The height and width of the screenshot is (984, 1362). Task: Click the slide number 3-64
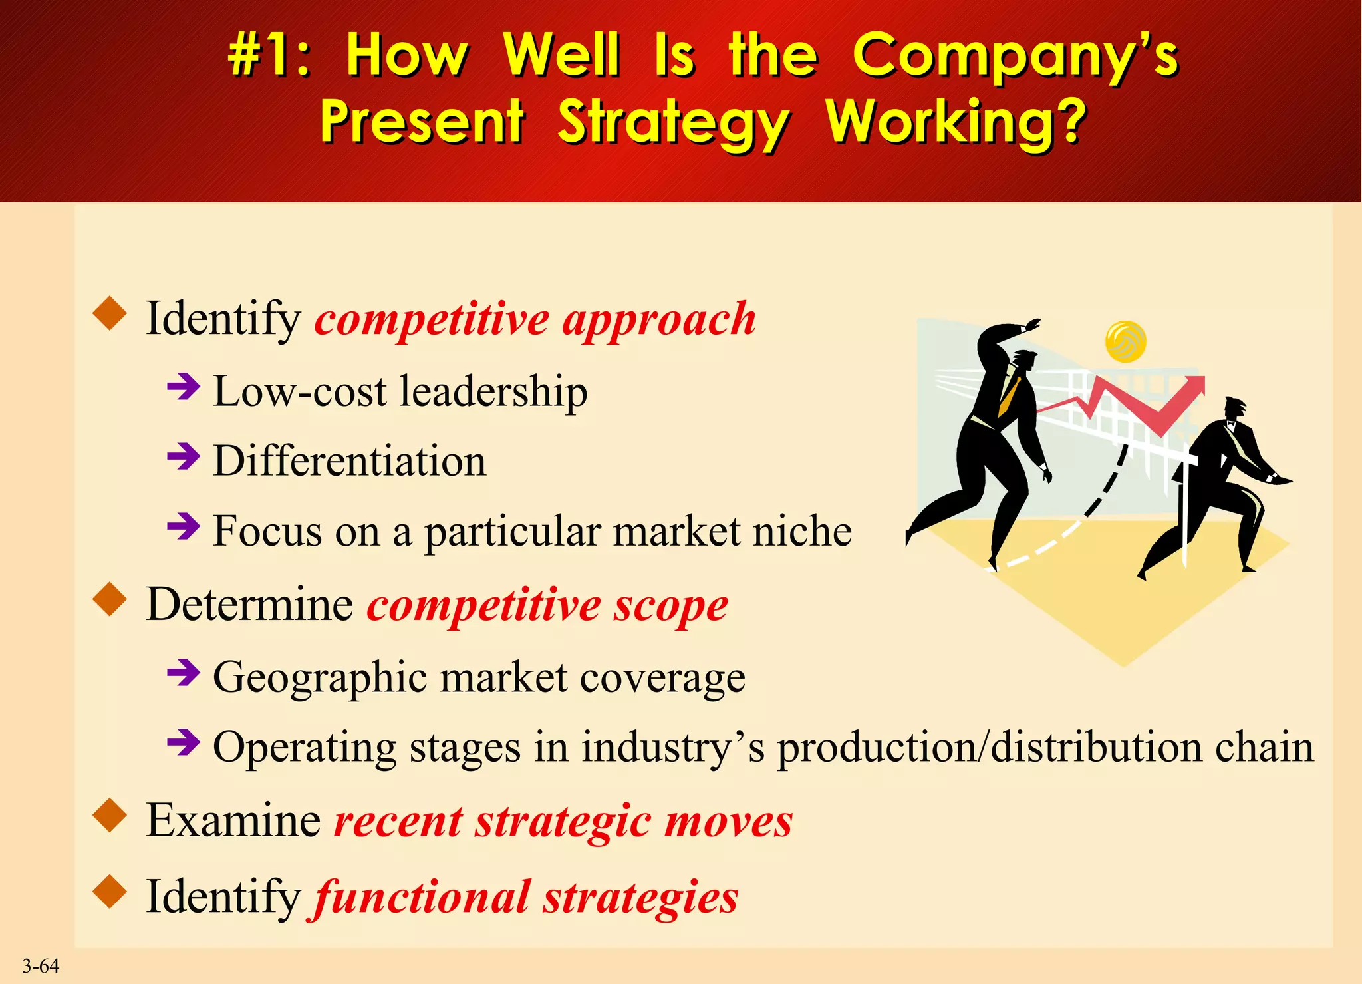coord(41,966)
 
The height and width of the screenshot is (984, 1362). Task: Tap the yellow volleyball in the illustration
coord(1125,341)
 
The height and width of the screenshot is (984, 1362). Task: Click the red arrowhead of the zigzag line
coord(1195,385)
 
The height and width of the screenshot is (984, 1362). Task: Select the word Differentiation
coord(349,460)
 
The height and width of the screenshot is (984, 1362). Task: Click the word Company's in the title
coord(1015,56)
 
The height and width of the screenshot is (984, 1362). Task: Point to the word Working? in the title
coord(956,122)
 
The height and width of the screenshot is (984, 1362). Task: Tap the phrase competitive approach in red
coord(535,319)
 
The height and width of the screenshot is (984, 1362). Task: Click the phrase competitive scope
coord(547,605)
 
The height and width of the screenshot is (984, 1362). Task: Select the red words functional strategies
coord(525,898)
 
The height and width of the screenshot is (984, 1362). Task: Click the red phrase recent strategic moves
coord(563,821)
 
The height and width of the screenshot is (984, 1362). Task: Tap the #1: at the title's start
coord(269,56)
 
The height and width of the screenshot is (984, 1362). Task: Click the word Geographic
coord(319,677)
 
